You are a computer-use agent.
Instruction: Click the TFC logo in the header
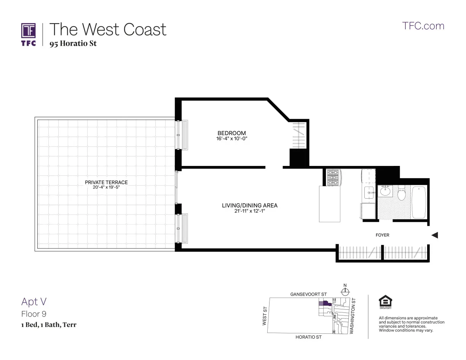tap(29, 34)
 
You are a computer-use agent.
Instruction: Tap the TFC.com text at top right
tap(423, 26)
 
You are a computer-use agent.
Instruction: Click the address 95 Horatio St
tap(73, 43)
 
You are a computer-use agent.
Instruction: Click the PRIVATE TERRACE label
tap(106, 182)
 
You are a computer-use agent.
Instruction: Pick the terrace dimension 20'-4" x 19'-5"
tap(106, 188)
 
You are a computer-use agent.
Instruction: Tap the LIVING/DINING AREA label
tap(249, 205)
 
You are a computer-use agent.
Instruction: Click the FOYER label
tap(382, 235)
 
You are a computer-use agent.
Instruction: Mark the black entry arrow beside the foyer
tap(434, 235)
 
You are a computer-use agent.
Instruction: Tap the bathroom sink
tap(385, 191)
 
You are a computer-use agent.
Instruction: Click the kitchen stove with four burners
tap(333, 177)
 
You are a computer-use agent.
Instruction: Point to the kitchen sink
tap(369, 193)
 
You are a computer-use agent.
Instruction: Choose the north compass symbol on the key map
tap(345, 292)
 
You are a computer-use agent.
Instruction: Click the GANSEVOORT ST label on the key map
tap(308, 295)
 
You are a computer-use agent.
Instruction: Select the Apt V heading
tap(34, 302)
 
